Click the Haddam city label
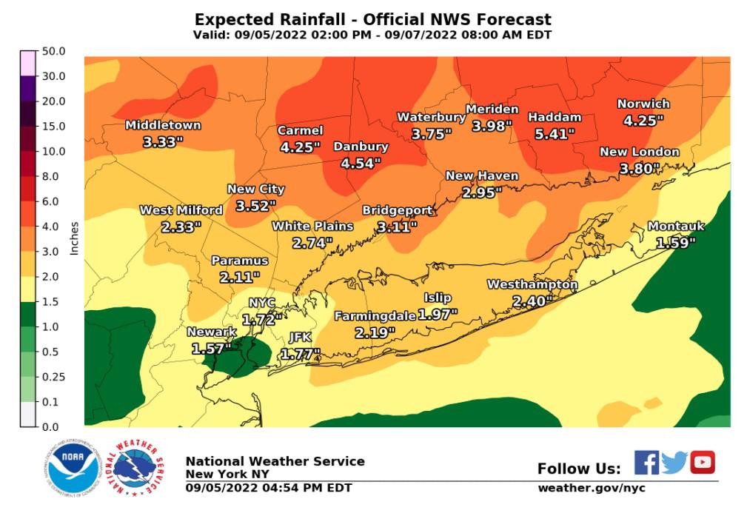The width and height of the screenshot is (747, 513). (555, 117)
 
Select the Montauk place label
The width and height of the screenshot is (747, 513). (676, 227)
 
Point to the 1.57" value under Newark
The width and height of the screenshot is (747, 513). (211, 347)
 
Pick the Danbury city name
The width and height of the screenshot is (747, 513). (361, 147)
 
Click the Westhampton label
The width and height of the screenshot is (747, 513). (532, 284)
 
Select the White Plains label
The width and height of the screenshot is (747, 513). (312, 226)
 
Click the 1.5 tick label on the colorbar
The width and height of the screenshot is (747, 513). (53, 301)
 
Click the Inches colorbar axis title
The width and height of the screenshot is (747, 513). (74, 237)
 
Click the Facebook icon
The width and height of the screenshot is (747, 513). (646, 463)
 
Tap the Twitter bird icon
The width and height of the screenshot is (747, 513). (674, 463)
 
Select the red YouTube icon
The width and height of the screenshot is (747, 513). (703, 463)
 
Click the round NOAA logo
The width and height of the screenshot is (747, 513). (73, 466)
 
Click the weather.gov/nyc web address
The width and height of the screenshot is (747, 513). (591, 488)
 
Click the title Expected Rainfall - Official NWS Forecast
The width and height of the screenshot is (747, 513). (372, 19)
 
